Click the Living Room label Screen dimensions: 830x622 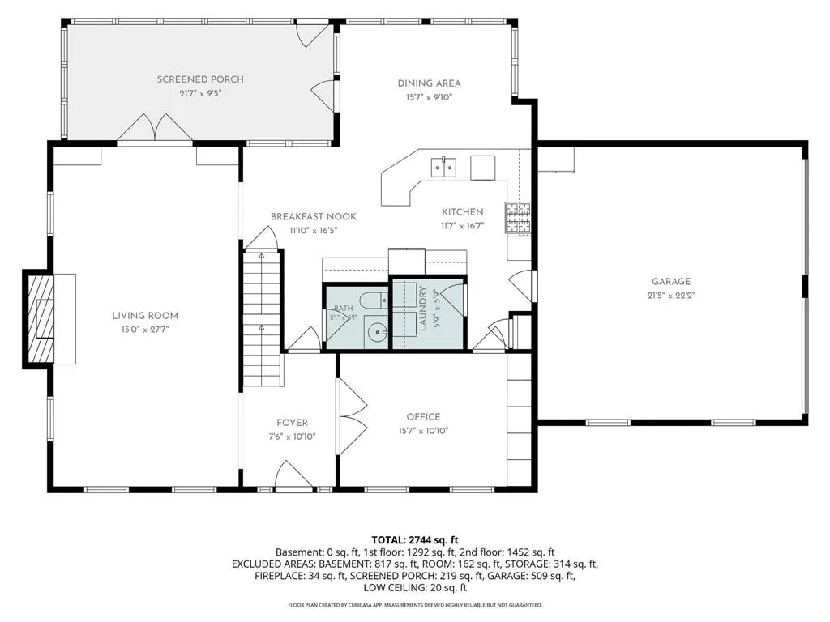tap(144, 316)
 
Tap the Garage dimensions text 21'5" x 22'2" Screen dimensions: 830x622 tap(670, 296)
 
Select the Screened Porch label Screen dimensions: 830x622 tap(200, 79)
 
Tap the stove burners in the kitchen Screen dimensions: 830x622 tap(518, 218)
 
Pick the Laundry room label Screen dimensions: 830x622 tap(422, 309)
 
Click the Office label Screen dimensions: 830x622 tap(423, 417)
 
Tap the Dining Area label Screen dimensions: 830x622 tap(430, 83)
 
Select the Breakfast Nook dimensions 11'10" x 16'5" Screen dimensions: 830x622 tap(314, 231)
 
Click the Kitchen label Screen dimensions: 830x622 tap(463, 212)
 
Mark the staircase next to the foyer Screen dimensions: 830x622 tap(262, 318)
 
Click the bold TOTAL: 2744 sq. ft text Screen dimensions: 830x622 tap(415, 540)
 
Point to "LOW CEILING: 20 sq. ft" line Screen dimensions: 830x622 tap(415, 588)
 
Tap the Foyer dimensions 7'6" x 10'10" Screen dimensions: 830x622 tap(292, 437)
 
